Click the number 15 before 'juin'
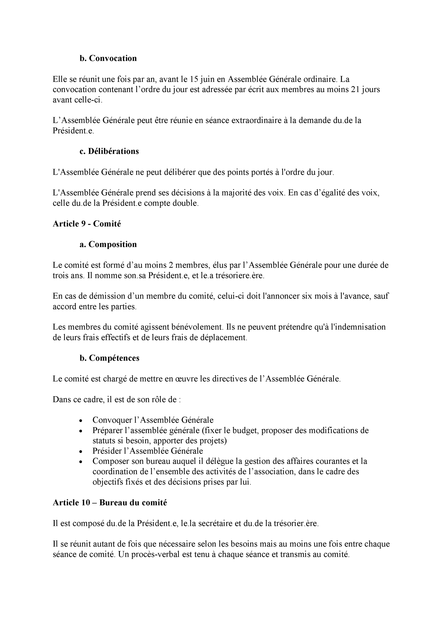pyautogui.click(x=194, y=79)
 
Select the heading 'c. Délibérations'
pyautogui.click(x=109, y=151)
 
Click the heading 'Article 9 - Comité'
pyautogui.click(x=87, y=224)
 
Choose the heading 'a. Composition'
pyautogui.click(x=108, y=244)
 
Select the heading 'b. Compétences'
pyautogui.click(x=109, y=358)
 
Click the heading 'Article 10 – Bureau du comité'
pyautogui.click(x=110, y=503)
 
